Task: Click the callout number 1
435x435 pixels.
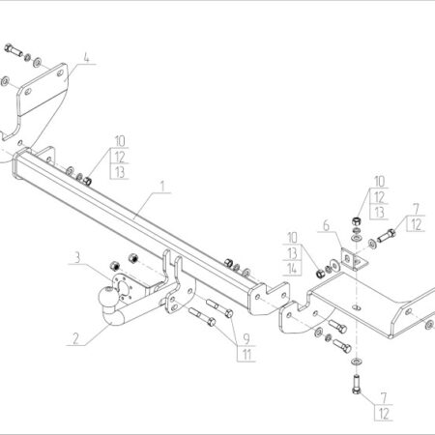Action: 162,187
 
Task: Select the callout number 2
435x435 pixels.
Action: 75,338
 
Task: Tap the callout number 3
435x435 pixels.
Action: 77,258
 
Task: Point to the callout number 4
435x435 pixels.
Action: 86,58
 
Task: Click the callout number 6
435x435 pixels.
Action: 326,225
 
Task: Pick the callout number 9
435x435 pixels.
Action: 246,338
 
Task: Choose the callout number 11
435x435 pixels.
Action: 246,355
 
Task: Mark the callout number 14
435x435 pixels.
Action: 292,269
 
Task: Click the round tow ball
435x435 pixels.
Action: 108,297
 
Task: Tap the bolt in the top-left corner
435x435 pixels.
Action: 14,50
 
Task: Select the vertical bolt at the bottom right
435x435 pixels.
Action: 356,384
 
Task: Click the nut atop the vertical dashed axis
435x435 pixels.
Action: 356,221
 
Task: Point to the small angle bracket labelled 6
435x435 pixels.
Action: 354,260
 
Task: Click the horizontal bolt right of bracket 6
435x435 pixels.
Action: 386,236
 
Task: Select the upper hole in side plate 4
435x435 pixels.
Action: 60,73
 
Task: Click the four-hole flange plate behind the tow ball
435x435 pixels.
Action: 123,288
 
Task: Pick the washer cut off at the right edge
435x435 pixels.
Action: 429,325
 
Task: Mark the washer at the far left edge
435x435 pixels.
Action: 5,81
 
